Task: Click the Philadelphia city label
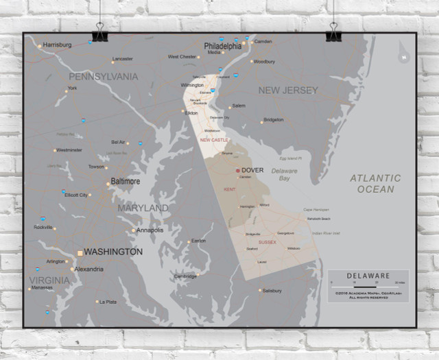pyautogui.click(x=222, y=46)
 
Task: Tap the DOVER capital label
pyautogui.click(x=252, y=170)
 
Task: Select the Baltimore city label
pyautogui.click(x=125, y=182)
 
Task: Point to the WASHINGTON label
pyautogui.click(x=113, y=252)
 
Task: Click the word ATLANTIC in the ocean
pyautogui.click(x=375, y=178)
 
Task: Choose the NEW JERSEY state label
pyautogui.click(x=288, y=90)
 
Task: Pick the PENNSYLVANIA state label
pyautogui.click(x=103, y=76)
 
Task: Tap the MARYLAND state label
pyautogui.click(x=143, y=208)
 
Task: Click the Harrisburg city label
pyautogui.click(x=57, y=45)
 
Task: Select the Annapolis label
pyautogui.click(x=150, y=230)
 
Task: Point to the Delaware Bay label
pyautogui.click(x=285, y=174)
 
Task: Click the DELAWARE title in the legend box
pyautogui.click(x=368, y=275)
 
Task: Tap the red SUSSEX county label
pyautogui.click(x=268, y=243)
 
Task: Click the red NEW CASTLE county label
pyautogui.click(x=214, y=140)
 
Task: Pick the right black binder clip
pyautogui.click(x=333, y=32)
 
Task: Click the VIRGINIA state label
pyautogui.click(x=49, y=280)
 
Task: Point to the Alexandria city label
pyautogui.click(x=89, y=269)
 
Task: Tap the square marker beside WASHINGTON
pyautogui.click(x=80, y=253)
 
